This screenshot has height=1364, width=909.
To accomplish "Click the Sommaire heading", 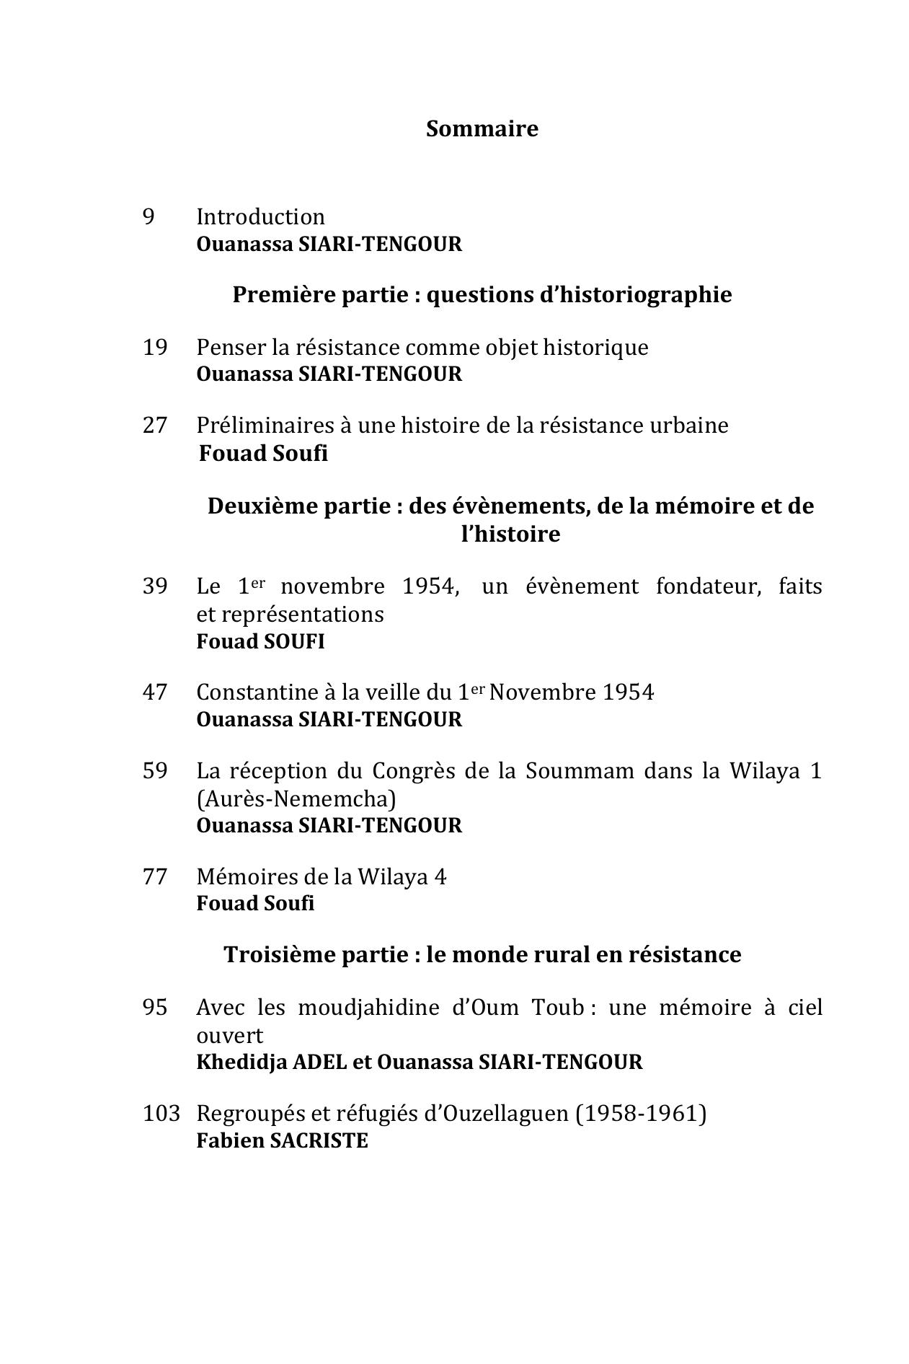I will [482, 128].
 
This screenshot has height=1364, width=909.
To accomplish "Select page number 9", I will [148, 216].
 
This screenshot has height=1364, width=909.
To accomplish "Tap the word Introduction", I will [260, 216].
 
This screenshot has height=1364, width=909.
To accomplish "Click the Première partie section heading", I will [482, 294].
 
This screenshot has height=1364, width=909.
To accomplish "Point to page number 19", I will [155, 347].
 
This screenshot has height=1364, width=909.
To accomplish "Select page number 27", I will [155, 425].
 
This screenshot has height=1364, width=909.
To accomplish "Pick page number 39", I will [155, 586].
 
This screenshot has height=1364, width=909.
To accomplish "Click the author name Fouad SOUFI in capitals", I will [260, 641].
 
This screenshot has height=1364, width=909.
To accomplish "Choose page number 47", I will [155, 692].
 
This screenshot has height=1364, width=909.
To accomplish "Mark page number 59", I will [155, 770].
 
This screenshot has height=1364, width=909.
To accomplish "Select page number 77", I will [155, 876].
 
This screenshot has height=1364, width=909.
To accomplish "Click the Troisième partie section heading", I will [482, 954].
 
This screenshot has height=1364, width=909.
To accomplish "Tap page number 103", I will [161, 1113].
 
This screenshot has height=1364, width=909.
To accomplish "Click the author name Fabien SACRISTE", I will [282, 1140].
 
